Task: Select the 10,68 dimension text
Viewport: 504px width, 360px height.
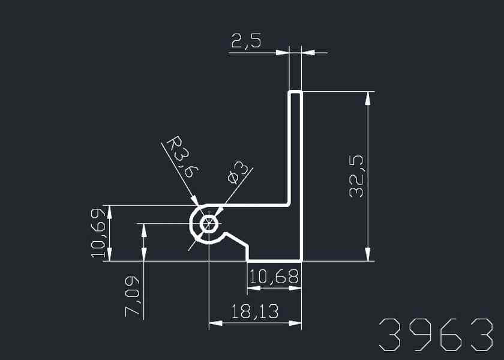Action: point(274,277)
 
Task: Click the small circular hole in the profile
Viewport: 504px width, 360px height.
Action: point(209,224)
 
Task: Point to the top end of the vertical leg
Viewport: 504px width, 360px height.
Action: point(295,92)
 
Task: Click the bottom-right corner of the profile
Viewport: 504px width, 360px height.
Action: point(300,261)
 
